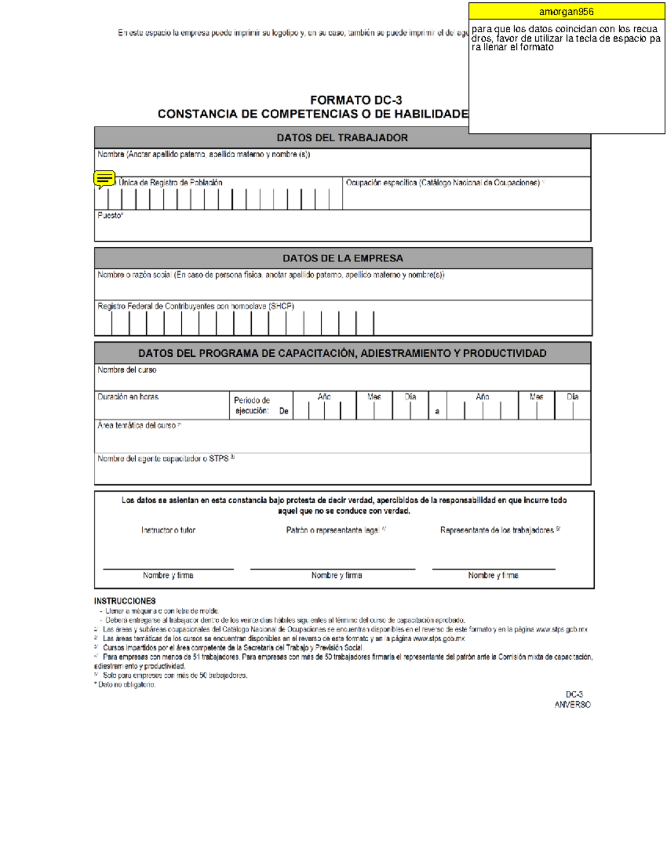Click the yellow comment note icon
tap(104, 179)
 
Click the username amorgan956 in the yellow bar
tap(566, 12)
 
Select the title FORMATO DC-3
tap(356, 101)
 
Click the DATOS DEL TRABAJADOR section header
tap(342, 138)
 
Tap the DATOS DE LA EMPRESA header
tap(342, 258)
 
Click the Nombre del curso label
tap(127, 370)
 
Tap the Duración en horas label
tap(128, 397)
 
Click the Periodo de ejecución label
tap(252, 406)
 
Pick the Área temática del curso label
tap(137, 425)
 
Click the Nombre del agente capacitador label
tap(163, 459)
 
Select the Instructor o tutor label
tap(168, 530)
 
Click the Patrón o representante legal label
tap(332, 530)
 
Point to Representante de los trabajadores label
tap(497, 530)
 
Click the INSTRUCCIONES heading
tap(125, 601)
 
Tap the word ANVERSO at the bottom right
tap(572, 705)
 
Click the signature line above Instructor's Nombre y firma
tap(168, 568)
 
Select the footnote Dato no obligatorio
tap(126, 685)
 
